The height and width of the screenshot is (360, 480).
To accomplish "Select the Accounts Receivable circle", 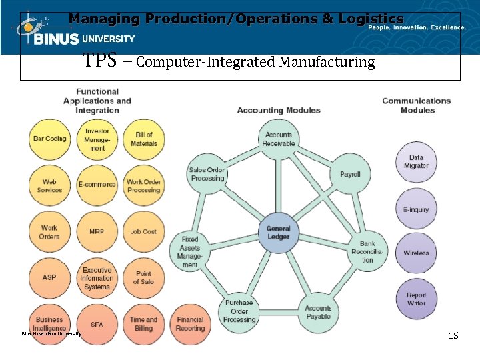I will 278,139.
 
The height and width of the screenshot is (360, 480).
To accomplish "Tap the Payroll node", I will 350,174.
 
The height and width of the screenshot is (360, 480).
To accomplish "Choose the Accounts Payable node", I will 318,312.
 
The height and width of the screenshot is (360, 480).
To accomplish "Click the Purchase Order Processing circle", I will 239,311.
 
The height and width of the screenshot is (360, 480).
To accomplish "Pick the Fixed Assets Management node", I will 190,251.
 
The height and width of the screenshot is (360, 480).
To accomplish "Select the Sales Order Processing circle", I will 207,174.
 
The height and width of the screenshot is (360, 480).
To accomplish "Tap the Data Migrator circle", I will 416,162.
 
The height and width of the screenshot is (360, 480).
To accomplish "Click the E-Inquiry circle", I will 416,209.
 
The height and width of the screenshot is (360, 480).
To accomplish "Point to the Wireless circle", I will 416,253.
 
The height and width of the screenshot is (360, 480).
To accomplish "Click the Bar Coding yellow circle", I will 50,139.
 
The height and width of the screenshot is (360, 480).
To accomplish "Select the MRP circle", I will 97,231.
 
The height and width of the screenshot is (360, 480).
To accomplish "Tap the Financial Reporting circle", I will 191,324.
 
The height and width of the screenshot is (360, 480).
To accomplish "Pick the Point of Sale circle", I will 143,277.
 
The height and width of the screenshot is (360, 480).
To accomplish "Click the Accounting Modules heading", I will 279,110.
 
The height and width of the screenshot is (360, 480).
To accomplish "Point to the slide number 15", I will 453,336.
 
